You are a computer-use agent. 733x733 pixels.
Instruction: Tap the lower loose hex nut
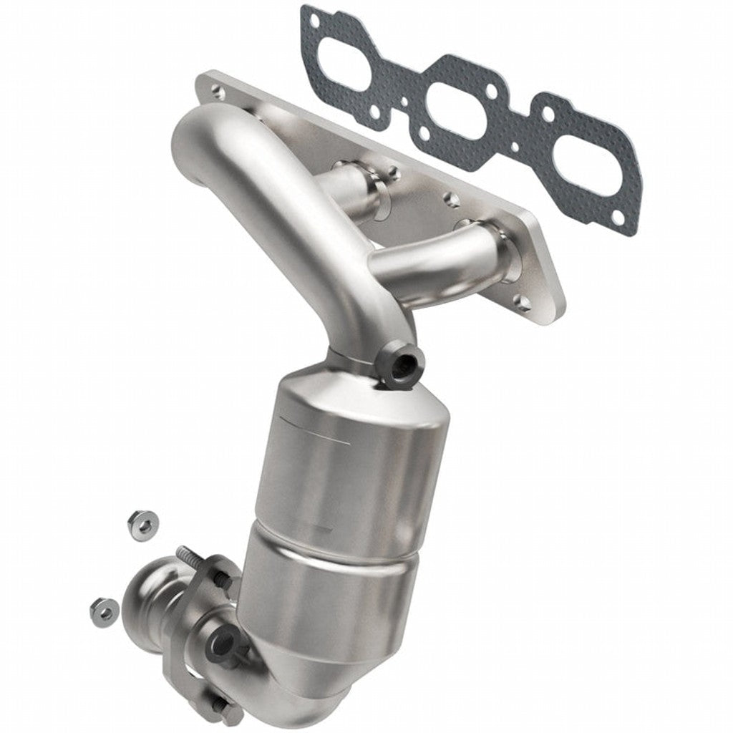(x=105, y=608)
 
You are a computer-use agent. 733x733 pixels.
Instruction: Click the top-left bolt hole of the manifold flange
(x=215, y=91)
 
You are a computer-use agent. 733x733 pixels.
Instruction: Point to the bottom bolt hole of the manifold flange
(x=523, y=303)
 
